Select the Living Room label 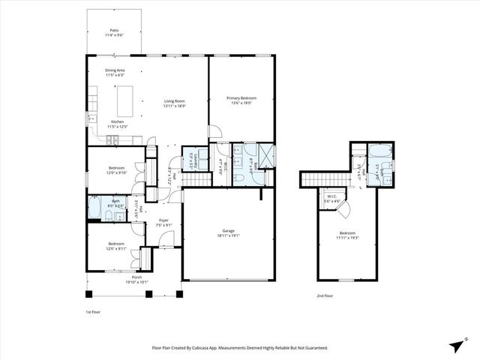point(175,101)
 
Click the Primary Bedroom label point(241,98)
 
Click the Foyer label point(163,220)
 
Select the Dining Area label point(115,70)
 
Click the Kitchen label point(117,121)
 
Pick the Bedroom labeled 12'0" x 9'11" point(115,244)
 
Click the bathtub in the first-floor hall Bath point(95,208)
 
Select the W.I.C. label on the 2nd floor point(331,199)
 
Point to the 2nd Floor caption point(325,296)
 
